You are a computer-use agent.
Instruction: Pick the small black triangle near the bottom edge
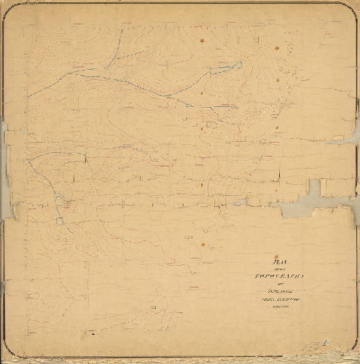[x=93, y=336]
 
